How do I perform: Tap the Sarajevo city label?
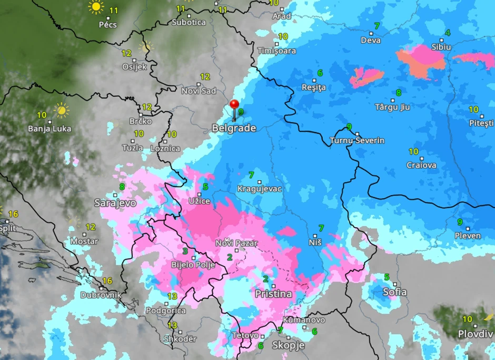pos(115,203)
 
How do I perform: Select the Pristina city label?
pos(273,294)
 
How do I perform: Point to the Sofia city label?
pos(394,291)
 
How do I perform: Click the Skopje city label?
pos(288,345)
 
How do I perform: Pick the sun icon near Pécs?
pos(96,7)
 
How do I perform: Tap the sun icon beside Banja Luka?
pos(62,110)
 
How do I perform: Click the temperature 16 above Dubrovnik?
pos(107,281)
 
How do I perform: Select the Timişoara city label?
pos(276,51)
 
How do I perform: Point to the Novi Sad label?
pos(199,91)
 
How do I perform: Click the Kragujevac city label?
pos(260,189)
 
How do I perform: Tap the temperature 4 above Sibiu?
pos(448,33)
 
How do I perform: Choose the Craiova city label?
pos(421,165)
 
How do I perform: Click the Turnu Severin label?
pos(357,141)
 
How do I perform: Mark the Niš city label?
pos(315,242)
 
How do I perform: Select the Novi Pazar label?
pos(236,243)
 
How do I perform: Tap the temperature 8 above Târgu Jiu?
pos(399,93)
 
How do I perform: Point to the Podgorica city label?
pos(165,310)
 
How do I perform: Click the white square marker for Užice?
pos(199,194)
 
